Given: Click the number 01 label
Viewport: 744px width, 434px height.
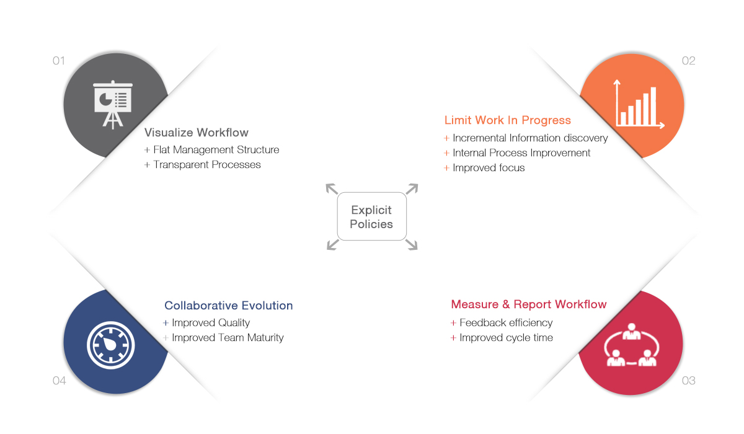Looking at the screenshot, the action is pos(59,61).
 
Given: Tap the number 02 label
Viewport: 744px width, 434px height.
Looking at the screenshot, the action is pos(689,61).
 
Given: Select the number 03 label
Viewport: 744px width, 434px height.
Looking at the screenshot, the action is pos(689,381).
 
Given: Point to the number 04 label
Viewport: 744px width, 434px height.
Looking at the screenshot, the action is pos(59,381).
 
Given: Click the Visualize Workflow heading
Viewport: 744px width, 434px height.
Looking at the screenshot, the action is pos(197,133).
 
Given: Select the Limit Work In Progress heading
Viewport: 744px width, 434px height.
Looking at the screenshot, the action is pos(508,120).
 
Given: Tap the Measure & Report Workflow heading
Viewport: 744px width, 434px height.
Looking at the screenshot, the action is pos(529,304).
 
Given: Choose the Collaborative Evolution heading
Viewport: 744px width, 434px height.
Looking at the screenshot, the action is pos(229,306).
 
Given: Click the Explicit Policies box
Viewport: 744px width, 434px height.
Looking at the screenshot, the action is pos(371,216).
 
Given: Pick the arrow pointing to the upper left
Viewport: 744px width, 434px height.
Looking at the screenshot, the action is pos(332,188).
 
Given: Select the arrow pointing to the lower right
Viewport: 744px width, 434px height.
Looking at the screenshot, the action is pos(412,244).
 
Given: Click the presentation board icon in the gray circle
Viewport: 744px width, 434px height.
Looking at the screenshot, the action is pos(113,104).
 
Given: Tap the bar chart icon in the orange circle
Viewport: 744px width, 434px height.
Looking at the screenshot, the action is pos(639,104).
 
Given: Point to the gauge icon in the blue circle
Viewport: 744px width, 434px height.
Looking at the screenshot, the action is pos(110,345).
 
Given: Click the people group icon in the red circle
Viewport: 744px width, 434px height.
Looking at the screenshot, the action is pos(631,345).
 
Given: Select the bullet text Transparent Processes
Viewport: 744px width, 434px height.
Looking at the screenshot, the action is pos(207,165).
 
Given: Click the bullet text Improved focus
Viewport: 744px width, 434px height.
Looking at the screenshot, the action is pos(489,167).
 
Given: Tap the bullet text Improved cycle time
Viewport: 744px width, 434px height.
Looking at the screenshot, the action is pos(506,338).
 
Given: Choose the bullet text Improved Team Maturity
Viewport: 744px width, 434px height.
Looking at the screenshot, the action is pos(228,338).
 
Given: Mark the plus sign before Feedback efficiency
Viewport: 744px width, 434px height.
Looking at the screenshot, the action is pos(453,323).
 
